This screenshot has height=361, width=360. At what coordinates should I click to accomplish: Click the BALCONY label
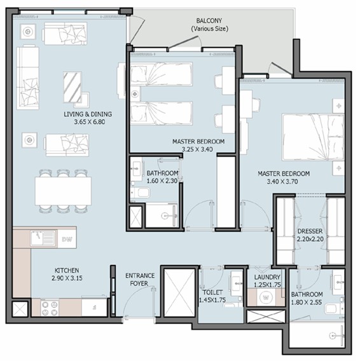(209, 21)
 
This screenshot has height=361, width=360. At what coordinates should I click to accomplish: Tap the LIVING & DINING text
(88, 114)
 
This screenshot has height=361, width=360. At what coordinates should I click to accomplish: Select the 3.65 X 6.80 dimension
(90, 122)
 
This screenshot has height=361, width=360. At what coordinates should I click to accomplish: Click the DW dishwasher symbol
(67, 239)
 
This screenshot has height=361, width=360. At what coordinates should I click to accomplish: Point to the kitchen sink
(43, 238)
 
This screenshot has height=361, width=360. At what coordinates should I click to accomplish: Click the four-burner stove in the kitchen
(50, 308)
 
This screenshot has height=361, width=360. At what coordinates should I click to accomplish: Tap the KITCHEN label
(67, 270)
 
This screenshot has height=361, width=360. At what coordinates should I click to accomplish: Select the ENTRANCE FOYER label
(140, 280)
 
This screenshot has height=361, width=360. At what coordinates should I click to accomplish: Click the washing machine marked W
(266, 297)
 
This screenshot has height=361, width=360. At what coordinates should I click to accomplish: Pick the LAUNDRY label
(267, 277)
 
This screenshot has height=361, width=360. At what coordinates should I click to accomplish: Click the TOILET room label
(212, 292)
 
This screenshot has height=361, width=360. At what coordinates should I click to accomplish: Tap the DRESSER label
(310, 231)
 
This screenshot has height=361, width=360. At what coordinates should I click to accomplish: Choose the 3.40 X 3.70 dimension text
(282, 182)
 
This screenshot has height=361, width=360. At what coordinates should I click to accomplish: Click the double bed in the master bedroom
(313, 137)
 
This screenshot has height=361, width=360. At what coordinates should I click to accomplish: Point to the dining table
(63, 191)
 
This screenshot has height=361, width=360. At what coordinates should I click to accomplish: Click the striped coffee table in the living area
(73, 87)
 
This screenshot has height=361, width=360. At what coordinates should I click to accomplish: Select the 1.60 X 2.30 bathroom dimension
(162, 181)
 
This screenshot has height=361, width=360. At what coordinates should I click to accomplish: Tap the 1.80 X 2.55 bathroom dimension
(307, 303)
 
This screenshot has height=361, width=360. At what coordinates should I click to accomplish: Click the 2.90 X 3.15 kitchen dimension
(67, 278)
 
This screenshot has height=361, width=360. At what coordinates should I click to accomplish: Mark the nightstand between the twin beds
(135, 93)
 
